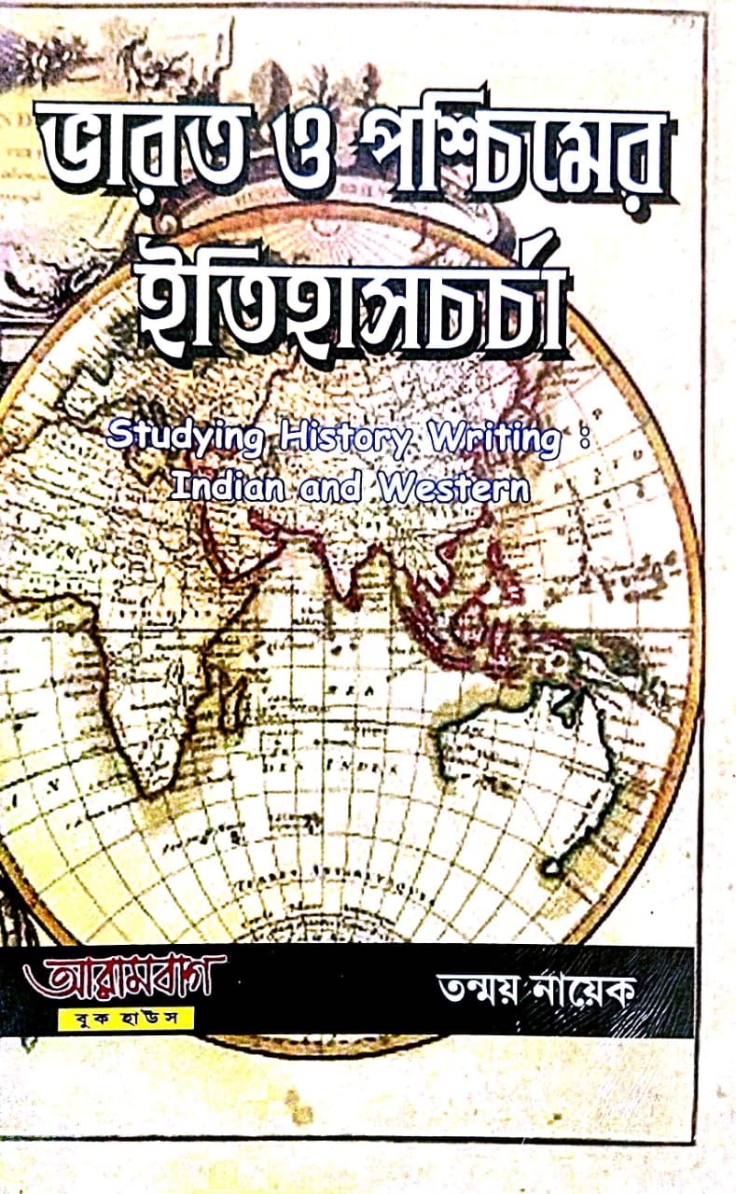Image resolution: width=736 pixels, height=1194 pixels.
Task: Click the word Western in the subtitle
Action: [x=453, y=487]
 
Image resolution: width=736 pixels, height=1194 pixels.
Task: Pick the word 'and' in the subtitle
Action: [x=332, y=488]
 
